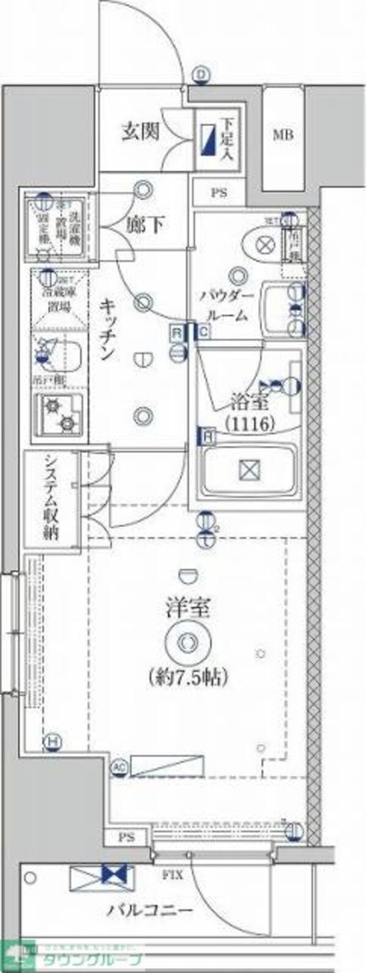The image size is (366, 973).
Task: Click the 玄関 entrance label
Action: [x=140, y=131]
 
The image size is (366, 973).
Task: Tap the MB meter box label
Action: [x=282, y=134]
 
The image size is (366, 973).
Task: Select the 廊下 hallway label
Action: [x=145, y=225]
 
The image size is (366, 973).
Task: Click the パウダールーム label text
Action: [x=226, y=305]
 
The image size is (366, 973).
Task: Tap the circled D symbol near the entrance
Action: [x=201, y=75]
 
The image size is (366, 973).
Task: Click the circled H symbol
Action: [x=54, y=742]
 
